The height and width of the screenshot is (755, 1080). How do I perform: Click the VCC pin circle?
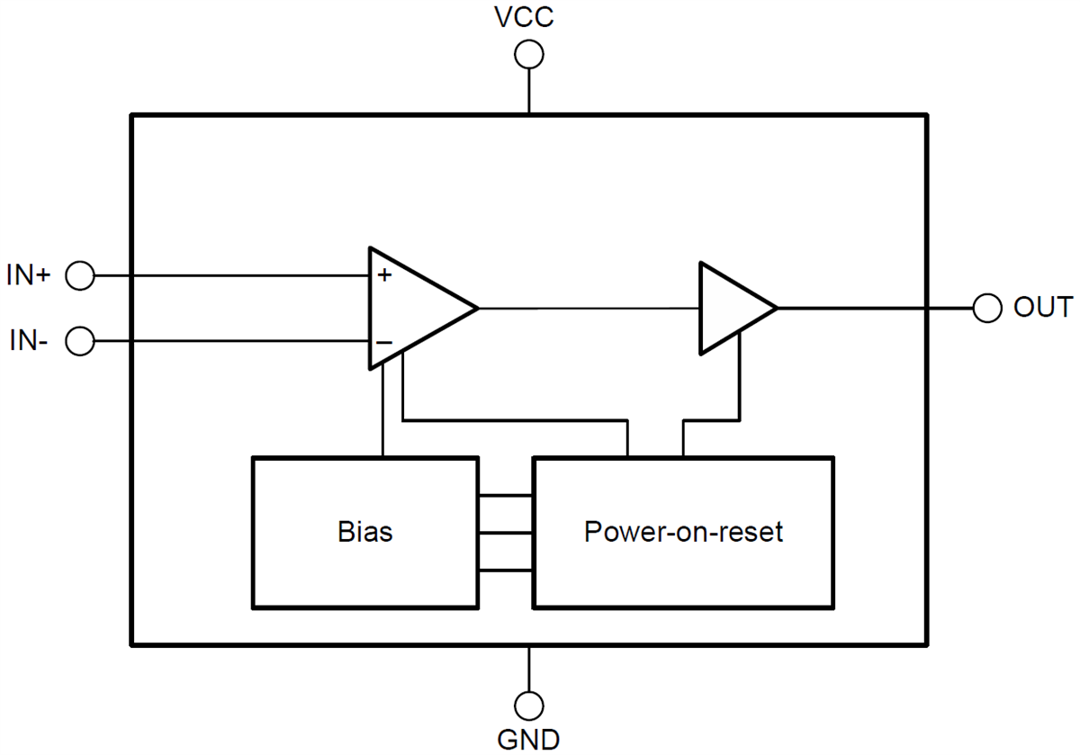[x=528, y=56]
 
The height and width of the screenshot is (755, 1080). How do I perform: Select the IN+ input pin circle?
[x=80, y=276]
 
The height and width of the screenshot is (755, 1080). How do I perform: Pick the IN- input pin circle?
[x=80, y=342]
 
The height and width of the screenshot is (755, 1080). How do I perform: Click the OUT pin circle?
[x=987, y=309]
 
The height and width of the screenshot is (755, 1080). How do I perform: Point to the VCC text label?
[x=528, y=18]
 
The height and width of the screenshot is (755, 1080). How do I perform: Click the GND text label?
[x=528, y=739]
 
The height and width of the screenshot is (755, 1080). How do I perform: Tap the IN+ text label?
[x=29, y=276]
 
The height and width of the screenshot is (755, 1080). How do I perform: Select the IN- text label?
[x=29, y=342]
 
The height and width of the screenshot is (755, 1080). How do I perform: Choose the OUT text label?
[x=1042, y=308]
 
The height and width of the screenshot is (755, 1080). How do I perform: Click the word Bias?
[x=365, y=532]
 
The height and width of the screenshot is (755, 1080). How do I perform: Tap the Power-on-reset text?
[x=683, y=532]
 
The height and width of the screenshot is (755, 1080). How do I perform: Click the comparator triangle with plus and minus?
[x=414, y=308]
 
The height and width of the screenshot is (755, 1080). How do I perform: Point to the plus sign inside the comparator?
[x=384, y=275]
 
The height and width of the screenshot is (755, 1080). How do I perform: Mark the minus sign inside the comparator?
[x=383, y=343]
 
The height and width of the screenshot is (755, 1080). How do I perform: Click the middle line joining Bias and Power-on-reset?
[x=505, y=533]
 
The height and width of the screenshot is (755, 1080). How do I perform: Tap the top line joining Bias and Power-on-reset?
[x=505, y=495]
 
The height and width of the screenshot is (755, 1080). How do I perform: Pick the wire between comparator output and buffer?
[x=589, y=308]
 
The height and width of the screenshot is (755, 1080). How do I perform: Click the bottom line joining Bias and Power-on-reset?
[x=505, y=570]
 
